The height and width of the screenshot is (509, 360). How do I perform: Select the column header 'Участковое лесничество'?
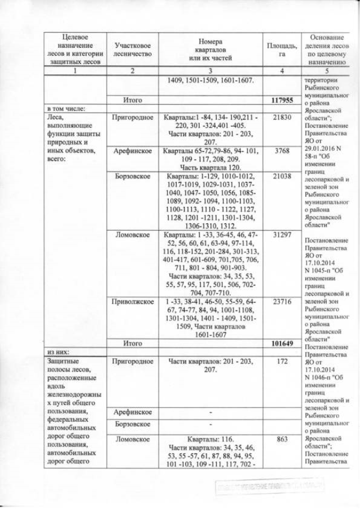coord(133,49)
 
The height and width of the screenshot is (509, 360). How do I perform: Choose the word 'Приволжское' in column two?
coord(133,301)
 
